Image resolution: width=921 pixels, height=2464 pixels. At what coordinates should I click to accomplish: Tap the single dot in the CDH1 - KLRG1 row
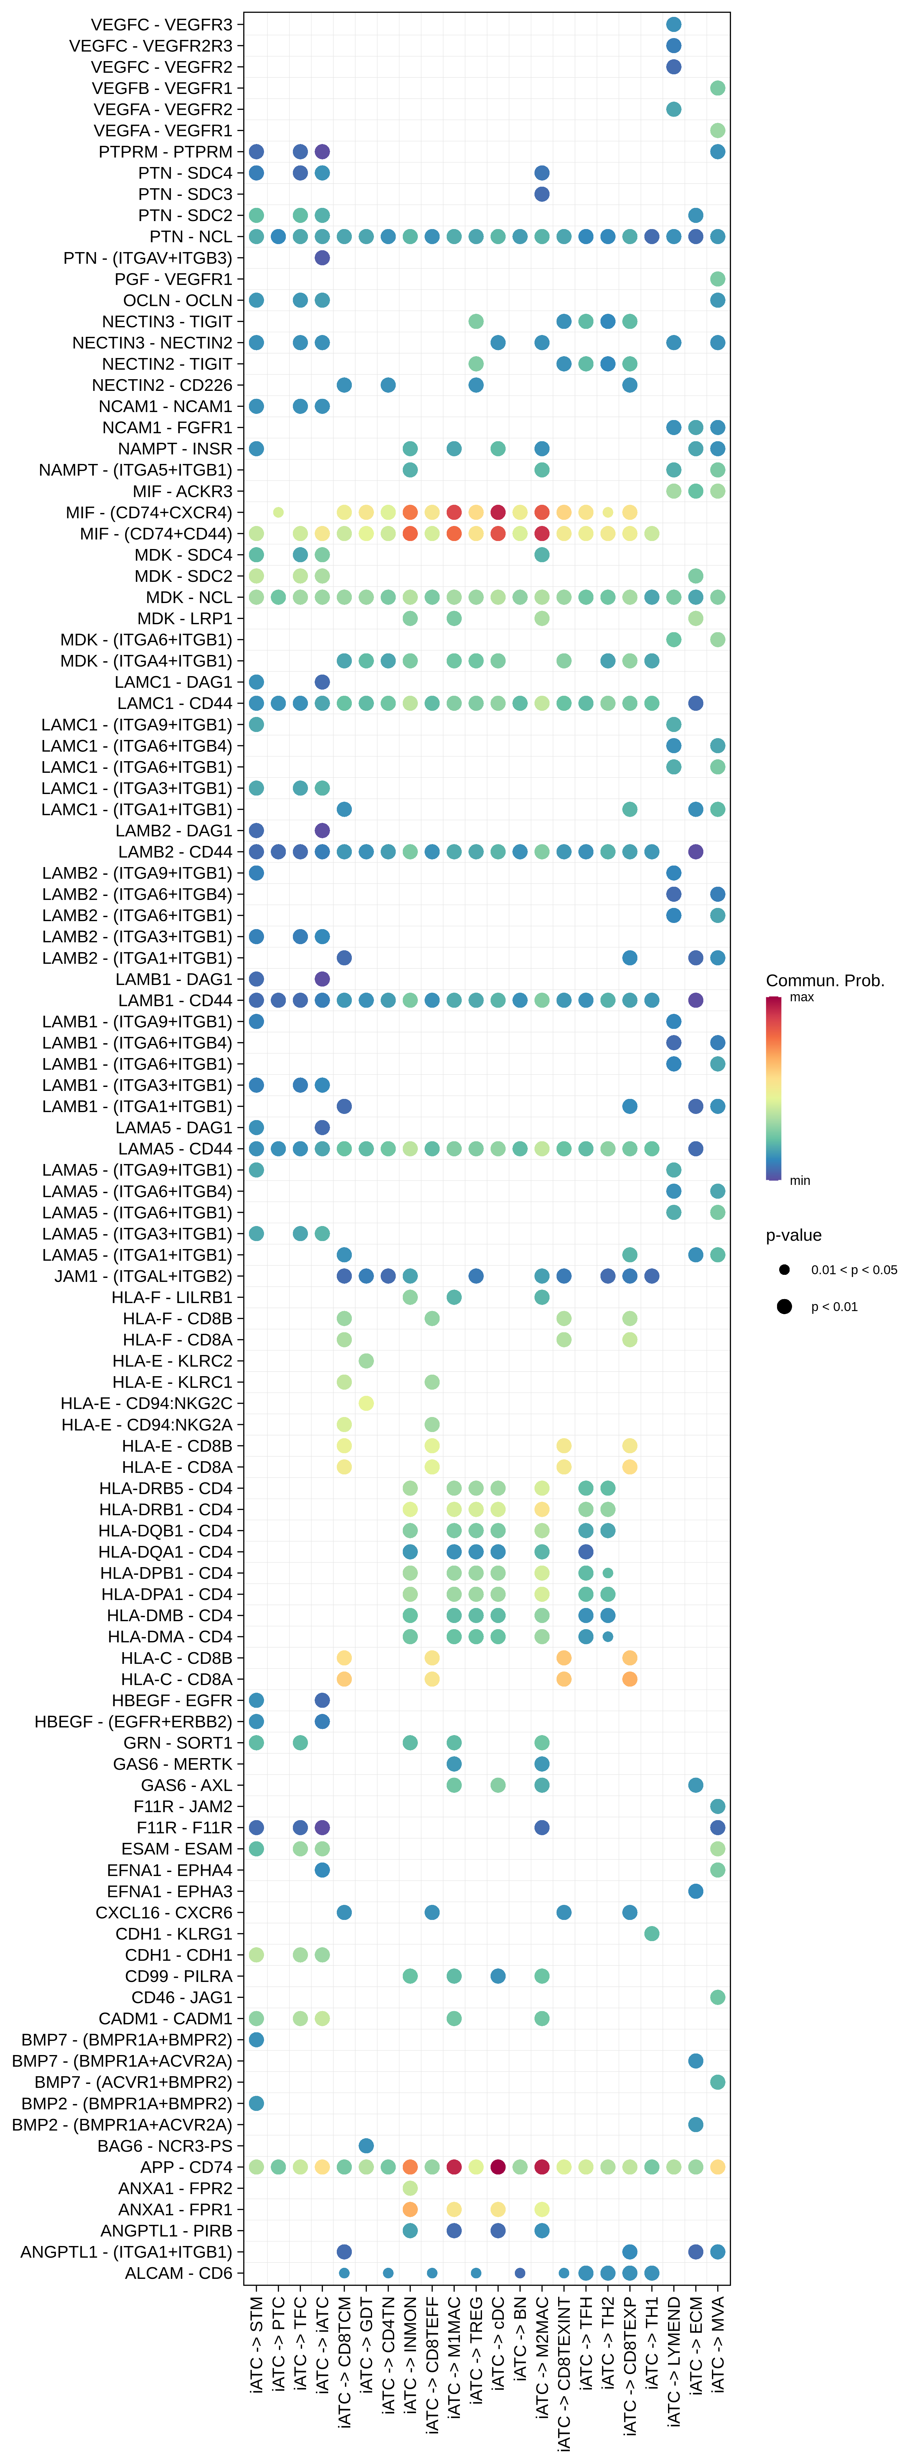(651, 1933)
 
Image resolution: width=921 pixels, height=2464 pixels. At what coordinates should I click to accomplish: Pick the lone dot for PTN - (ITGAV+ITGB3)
(322, 257)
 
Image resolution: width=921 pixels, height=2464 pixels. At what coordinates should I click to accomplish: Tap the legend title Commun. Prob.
(824, 980)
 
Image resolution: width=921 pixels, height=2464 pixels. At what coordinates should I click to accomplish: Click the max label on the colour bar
(802, 997)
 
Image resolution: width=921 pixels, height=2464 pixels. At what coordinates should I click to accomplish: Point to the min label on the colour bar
(799, 1180)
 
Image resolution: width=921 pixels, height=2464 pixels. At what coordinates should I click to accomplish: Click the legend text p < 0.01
(834, 1306)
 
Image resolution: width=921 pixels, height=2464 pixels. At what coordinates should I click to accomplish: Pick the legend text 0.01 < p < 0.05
(854, 1270)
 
